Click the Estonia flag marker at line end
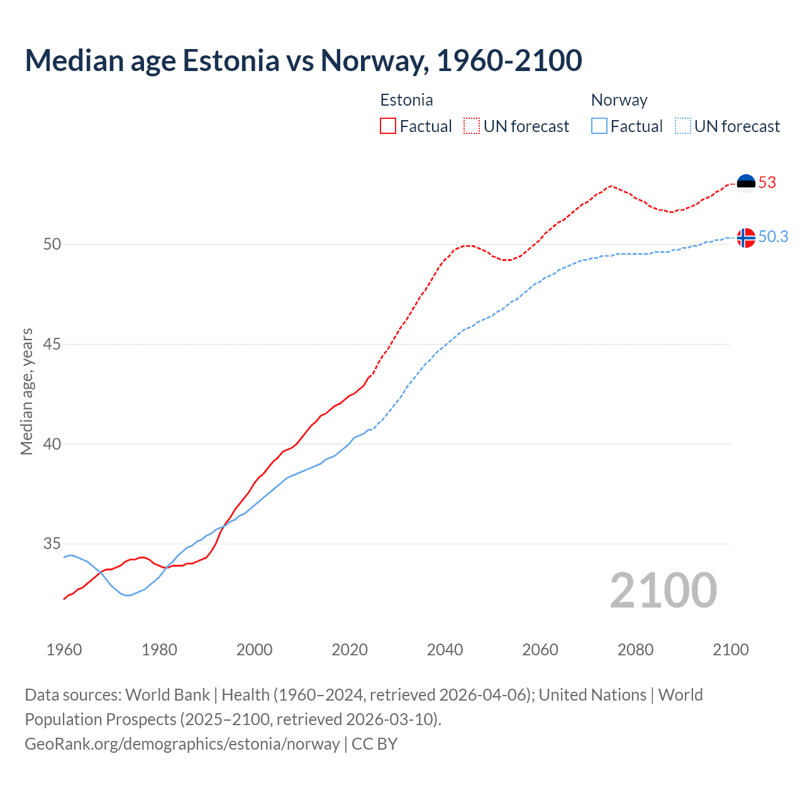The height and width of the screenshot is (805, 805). tap(746, 183)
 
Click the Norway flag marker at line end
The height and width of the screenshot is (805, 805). tap(746, 238)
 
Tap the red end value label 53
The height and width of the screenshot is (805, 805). tap(767, 183)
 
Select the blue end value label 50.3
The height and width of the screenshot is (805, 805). tap(773, 237)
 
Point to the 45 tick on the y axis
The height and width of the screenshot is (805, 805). tap(52, 344)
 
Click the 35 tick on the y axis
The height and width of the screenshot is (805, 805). tap(52, 543)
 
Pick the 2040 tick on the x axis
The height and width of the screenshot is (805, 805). tap(445, 650)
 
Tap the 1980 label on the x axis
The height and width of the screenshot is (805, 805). tap(159, 650)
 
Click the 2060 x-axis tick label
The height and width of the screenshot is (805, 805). tap(540, 650)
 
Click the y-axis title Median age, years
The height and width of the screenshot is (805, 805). tap(26, 391)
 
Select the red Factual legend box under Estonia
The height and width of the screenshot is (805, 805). tap(388, 126)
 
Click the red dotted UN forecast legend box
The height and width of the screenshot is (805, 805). tap(472, 126)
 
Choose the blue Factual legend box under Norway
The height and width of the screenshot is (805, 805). tap(599, 126)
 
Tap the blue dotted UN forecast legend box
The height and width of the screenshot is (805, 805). tap(683, 126)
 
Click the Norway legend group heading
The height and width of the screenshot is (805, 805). tap(619, 100)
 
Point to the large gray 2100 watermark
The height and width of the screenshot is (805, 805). tap(663, 591)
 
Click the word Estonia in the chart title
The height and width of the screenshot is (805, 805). tap(231, 60)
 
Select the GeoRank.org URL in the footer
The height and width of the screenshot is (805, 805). tap(182, 744)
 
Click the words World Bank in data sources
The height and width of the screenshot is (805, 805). tap(167, 695)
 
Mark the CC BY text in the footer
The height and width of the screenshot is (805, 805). tap(374, 744)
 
